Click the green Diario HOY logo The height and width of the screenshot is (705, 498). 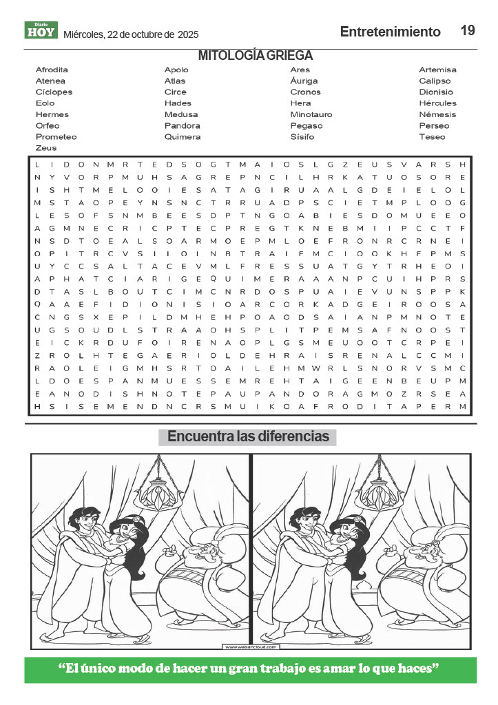41,30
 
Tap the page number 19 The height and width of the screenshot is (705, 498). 468,30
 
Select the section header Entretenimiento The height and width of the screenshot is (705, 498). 390,32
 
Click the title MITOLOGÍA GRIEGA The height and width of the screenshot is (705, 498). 256,56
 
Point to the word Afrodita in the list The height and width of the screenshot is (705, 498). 52,70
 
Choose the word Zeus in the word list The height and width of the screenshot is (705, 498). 45,148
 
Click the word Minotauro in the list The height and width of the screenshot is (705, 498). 311,114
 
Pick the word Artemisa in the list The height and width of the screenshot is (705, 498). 437,70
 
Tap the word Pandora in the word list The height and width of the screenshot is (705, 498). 182,125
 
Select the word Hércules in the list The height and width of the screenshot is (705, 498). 437,103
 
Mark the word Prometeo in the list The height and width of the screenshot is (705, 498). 56,136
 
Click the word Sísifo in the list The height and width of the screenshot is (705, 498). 302,136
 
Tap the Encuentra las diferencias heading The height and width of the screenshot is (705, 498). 248,437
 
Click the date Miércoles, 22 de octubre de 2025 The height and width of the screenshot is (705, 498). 131,34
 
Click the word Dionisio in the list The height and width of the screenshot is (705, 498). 436,92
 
